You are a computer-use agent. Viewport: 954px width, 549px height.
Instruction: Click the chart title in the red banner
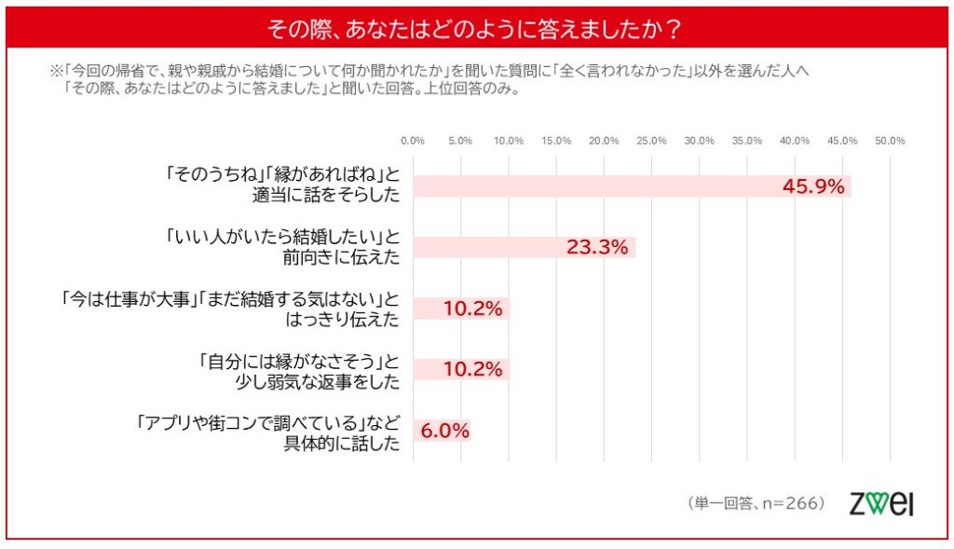(475, 28)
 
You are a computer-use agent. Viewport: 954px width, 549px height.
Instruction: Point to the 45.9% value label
(812, 185)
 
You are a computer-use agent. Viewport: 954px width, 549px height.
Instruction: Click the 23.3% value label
(597, 248)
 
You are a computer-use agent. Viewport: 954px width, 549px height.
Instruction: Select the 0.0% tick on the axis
(413, 141)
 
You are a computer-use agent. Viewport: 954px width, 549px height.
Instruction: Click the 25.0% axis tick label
(651, 141)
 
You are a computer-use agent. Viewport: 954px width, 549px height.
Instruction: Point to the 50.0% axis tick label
(891, 141)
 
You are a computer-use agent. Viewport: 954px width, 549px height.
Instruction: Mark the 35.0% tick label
(747, 141)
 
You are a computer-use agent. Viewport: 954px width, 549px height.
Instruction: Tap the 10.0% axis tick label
(509, 141)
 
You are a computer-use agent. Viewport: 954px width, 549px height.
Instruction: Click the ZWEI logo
(881, 502)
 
